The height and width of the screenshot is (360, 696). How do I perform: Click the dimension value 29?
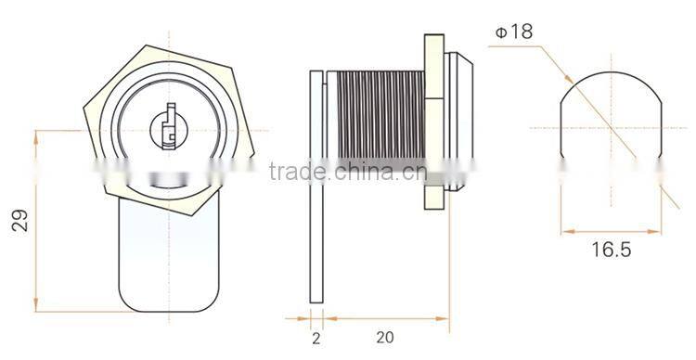[x=20, y=220]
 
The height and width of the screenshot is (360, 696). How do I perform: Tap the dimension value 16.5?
[x=612, y=250]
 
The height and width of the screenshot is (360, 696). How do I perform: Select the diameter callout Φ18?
[x=514, y=32]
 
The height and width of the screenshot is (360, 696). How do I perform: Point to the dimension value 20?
[x=385, y=338]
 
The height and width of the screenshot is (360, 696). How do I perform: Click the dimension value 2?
[x=316, y=339]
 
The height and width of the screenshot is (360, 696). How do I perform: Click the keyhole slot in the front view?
[x=170, y=127]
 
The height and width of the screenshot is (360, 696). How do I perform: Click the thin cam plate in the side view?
[x=316, y=186]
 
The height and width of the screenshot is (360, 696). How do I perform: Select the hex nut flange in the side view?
[x=434, y=122]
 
